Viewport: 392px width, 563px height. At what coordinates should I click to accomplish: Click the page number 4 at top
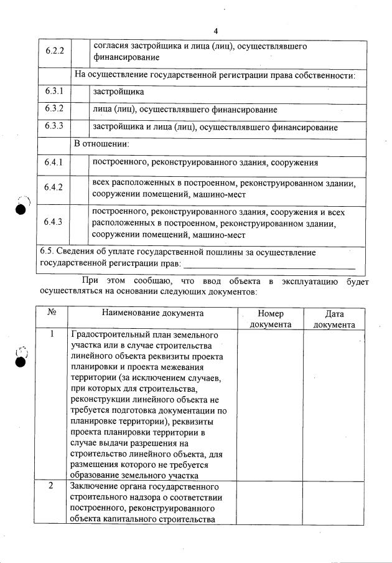tap(215, 31)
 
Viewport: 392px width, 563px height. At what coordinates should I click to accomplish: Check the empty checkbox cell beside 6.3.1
tap(79, 92)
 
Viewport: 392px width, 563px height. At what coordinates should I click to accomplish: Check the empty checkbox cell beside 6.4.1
tap(79, 163)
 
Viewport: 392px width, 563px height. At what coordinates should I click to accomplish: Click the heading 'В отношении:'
tap(101, 144)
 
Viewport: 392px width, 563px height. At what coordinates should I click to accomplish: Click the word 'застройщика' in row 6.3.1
tap(118, 92)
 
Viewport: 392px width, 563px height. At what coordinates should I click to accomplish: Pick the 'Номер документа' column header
tap(270, 319)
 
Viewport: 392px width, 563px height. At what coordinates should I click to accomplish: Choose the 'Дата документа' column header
tap(334, 319)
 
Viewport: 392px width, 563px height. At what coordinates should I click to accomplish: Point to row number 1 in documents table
tap(52, 334)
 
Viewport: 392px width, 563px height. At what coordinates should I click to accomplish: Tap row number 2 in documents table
tap(52, 486)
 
